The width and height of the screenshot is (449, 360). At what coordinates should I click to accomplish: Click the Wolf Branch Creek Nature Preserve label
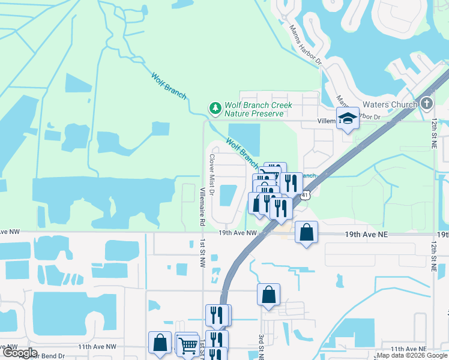pyautogui.click(x=258, y=109)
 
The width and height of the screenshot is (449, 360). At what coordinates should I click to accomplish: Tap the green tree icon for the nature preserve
pyautogui.click(x=215, y=108)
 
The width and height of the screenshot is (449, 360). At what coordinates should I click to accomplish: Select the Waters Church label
pyautogui.click(x=391, y=104)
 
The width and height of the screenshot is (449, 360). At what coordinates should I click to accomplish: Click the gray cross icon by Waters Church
pyautogui.click(x=427, y=103)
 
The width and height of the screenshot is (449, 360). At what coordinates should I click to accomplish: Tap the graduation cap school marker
pyautogui.click(x=348, y=119)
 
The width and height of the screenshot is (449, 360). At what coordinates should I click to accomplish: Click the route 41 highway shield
pyautogui.click(x=306, y=194)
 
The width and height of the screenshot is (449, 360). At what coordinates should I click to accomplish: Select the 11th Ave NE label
pyautogui.click(x=408, y=348)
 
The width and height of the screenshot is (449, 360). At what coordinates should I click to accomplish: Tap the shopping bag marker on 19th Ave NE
pyautogui.click(x=306, y=233)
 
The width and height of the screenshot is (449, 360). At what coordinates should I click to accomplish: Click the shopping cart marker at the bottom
pyautogui.click(x=188, y=345)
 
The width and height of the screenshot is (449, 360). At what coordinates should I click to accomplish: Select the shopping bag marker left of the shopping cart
pyautogui.click(x=160, y=343)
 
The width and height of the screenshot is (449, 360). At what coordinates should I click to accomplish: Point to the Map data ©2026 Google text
pyautogui.click(x=412, y=356)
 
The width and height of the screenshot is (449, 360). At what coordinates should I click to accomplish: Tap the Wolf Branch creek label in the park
pyautogui.click(x=169, y=86)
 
